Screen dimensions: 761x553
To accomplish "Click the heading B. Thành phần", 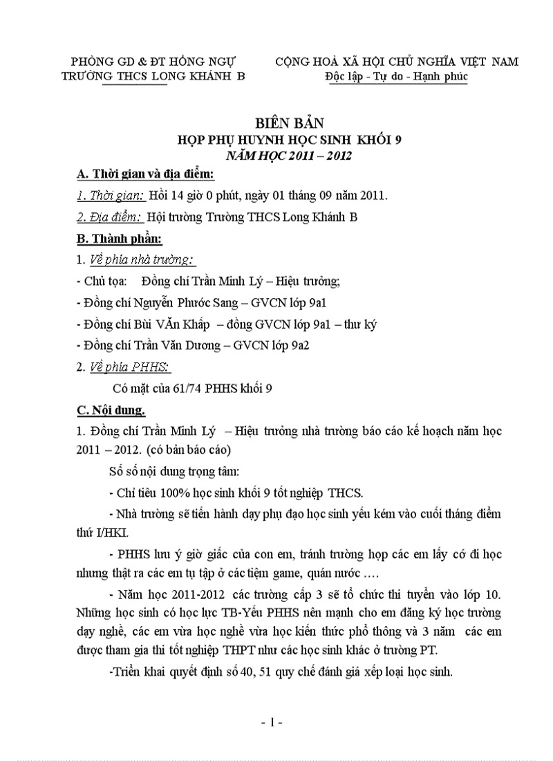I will click(120, 239).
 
